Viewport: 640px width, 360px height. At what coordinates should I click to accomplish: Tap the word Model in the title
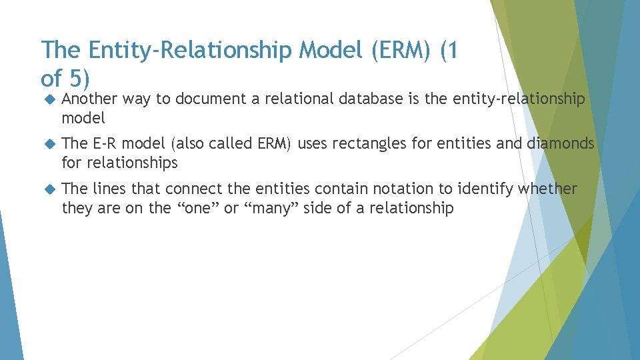tap(337, 51)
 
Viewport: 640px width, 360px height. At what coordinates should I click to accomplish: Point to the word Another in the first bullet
tap(89, 99)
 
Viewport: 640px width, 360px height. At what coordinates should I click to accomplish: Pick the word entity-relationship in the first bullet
tap(519, 99)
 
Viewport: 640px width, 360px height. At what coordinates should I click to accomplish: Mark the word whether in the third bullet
tap(547, 189)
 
